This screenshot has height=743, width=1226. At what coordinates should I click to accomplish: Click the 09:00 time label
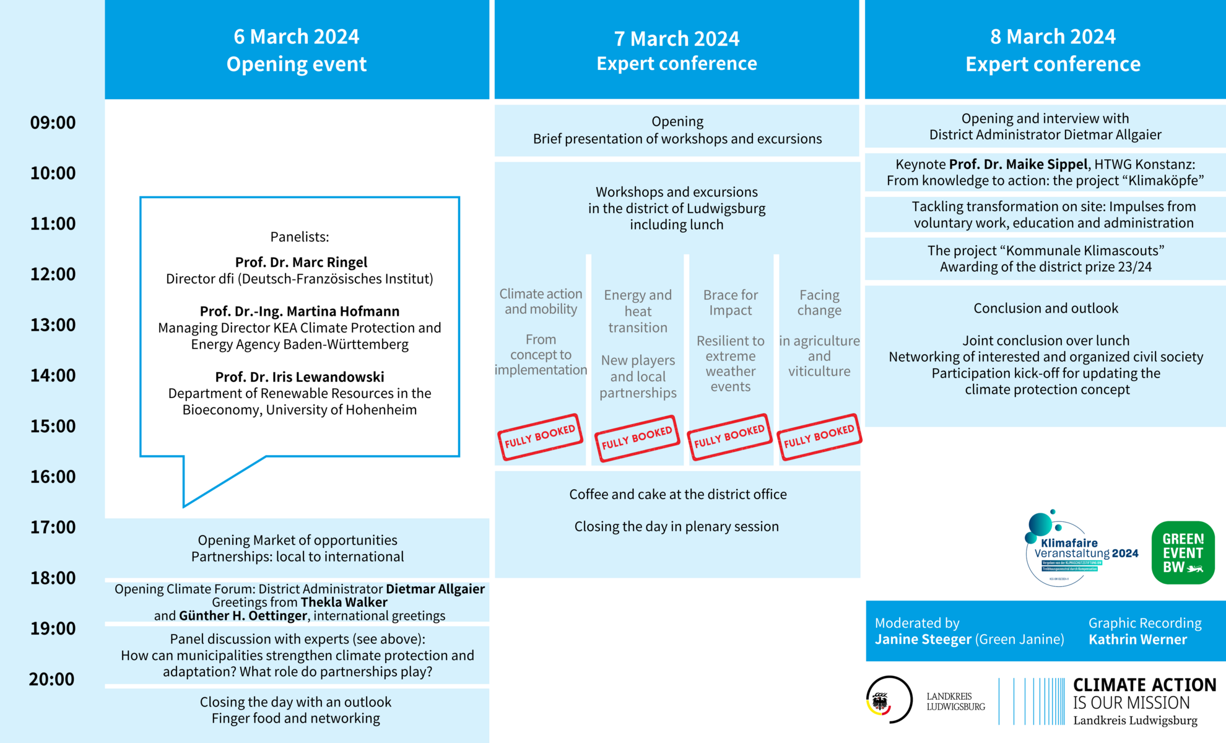(x=53, y=123)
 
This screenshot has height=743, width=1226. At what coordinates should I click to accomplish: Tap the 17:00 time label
(x=53, y=528)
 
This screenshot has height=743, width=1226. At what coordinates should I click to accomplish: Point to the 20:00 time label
(x=52, y=679)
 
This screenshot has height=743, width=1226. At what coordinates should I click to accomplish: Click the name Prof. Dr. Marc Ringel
(x=301, y=263)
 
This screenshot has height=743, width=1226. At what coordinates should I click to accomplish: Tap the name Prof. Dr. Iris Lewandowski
(x=300, y=377)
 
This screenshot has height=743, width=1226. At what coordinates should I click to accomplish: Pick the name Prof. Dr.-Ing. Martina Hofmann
(x=300, y=311)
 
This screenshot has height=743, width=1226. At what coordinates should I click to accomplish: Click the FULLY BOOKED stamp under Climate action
(x=540, y=437)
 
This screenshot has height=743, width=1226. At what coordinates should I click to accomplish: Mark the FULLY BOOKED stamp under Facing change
(x=819, y=437)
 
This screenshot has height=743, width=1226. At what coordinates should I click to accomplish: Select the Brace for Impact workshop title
(x=731, y=303)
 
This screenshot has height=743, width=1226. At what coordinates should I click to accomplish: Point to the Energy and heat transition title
(x=638, y=311)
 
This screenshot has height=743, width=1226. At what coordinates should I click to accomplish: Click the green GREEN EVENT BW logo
(x=1183, y=553)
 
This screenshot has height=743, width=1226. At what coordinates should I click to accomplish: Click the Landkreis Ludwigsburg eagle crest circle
(x=889, y=700)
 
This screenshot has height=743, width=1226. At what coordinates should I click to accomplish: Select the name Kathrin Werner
(x=1137, y=640)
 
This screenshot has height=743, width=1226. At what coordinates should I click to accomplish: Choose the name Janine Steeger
(x=923, y=640)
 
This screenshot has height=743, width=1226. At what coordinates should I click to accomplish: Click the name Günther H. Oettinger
(x=243, y=616)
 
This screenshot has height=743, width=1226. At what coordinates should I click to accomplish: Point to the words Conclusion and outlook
(x=1046, y=308)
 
